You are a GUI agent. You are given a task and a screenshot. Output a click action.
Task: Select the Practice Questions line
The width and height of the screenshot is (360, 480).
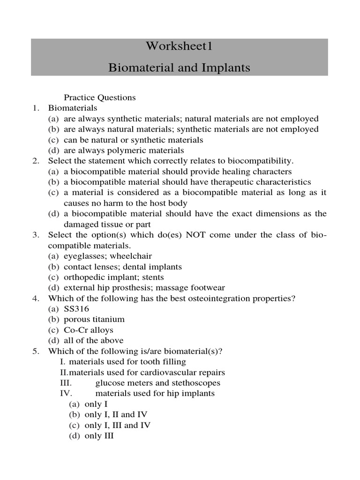100,97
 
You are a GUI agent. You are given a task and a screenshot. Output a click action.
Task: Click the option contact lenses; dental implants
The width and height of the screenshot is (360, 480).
123,267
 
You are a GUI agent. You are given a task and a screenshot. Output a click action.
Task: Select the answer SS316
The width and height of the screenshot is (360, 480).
76,309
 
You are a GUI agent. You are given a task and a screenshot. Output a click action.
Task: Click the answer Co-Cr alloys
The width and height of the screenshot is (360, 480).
89,330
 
